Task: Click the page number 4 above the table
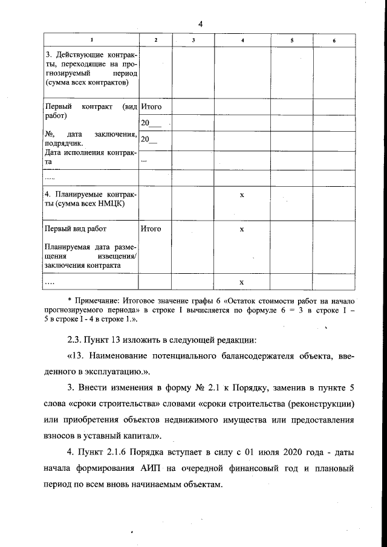point(200,24)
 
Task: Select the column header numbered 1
point(91,40)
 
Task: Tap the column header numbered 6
point(334,40)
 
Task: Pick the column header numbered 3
point(193,40)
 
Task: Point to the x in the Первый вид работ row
point(242,230)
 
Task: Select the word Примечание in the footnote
point(96,299)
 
